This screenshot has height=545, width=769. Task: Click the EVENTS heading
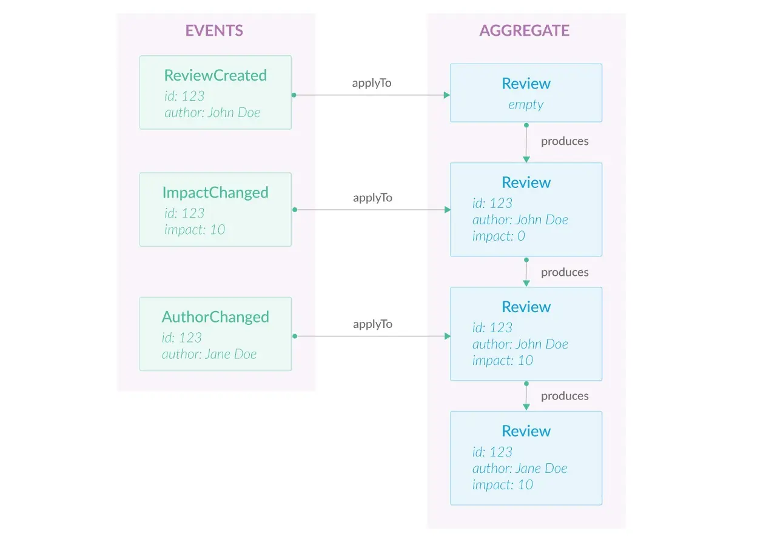[x=214, y=31]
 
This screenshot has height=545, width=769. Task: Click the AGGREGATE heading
[x=525, y=31]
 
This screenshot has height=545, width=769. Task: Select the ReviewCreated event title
[x=215, y=75]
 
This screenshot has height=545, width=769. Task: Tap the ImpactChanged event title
[x=215, y=192]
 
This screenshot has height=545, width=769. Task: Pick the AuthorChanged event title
[x=215, y=316]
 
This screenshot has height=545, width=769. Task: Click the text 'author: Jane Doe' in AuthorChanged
[x=209, y=354]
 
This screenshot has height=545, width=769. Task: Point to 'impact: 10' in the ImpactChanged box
[x=194, y=229]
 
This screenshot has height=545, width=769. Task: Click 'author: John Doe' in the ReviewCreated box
[x=212, y=113]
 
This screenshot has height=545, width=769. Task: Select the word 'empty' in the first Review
[x=526, y=104]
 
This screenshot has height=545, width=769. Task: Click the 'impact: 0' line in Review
[x=499, y=236]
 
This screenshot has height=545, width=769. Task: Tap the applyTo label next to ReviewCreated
[x=372, y=83]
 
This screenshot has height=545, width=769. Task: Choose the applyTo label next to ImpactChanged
[x=372, y=198]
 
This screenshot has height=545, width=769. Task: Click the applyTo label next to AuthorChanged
[x=372, y=324]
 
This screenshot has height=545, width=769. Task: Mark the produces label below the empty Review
[x=565, y=141]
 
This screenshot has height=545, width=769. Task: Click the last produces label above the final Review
[x=565, y=396]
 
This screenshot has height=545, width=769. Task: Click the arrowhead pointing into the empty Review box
[x=446, y=95]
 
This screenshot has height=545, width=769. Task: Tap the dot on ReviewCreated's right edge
[x=294, y=95]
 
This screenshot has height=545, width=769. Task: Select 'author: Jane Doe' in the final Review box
[x=520, y=468]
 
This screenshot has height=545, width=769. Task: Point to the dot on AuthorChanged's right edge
[x=294, y=336]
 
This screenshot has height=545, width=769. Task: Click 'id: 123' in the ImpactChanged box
[x=184, y=213]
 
